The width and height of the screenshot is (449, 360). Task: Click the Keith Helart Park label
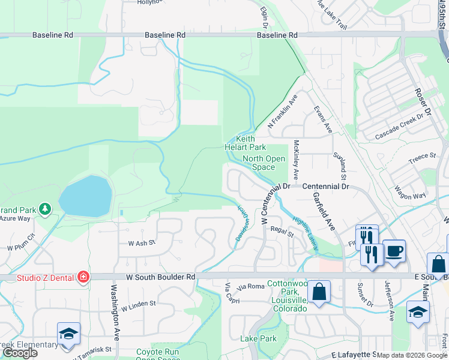(x=245, y=143)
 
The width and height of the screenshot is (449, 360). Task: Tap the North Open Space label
(x=264, y=163)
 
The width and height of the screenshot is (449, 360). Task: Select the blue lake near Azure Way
(x=86, y=196)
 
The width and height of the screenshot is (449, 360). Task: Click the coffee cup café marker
(x=394, y=250)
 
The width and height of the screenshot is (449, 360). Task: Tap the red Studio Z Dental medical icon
(x=83, y=277)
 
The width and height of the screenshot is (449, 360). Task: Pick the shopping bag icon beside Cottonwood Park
(x=319, y=292)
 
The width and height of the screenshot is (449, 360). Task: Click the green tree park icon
(x=44, y=209)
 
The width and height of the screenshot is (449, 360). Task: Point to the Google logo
(x=19, y=353)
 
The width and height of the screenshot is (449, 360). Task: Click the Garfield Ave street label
(x=322, y=213)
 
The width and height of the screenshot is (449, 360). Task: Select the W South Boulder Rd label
(x=161, y=277)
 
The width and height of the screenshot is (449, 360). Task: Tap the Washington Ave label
(x=114, y=312)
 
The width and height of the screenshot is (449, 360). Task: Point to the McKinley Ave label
(x=296, y=160)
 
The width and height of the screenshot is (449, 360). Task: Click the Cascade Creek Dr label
(x=399, y=127)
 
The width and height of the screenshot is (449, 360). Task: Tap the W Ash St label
(x=142, y=243)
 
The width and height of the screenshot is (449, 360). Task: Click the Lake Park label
(x=259, y=339)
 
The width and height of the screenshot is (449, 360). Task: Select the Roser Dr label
(x=423, y=103)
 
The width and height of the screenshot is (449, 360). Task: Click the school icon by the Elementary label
(x=68, y=333)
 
